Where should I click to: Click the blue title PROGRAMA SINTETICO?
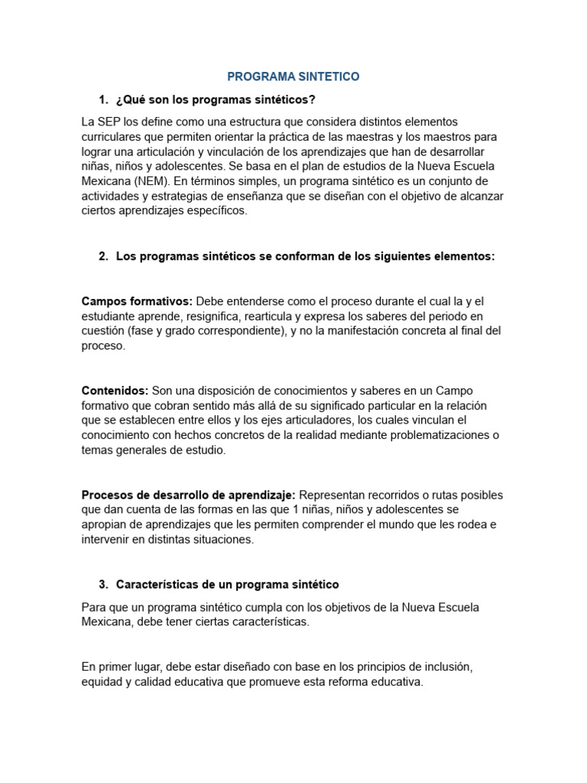pyautogui.click(x=293, y=76)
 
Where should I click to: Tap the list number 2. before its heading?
pyautogui.click(x=103, y=257)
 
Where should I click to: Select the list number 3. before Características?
pyautogui.click(x=103, y=585)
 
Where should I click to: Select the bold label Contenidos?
pyautogui.click(x=115, y=391)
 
